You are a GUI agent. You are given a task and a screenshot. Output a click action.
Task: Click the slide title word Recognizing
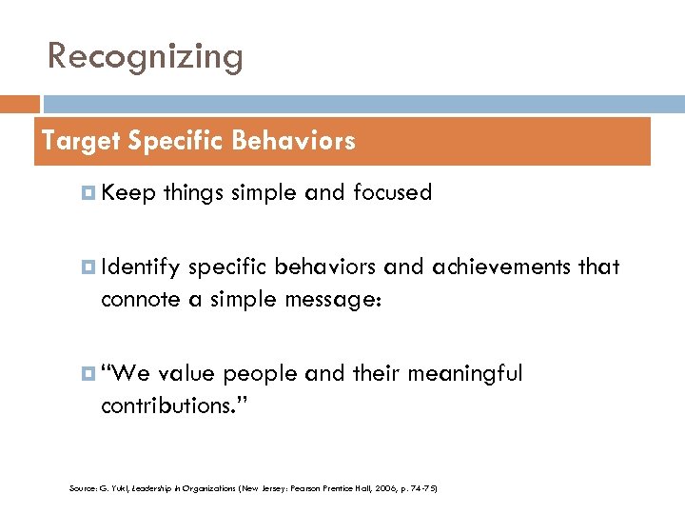point(146,57)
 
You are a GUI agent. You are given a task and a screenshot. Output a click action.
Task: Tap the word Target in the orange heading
point(80,142)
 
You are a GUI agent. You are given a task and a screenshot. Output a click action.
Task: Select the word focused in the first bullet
point(392,193)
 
